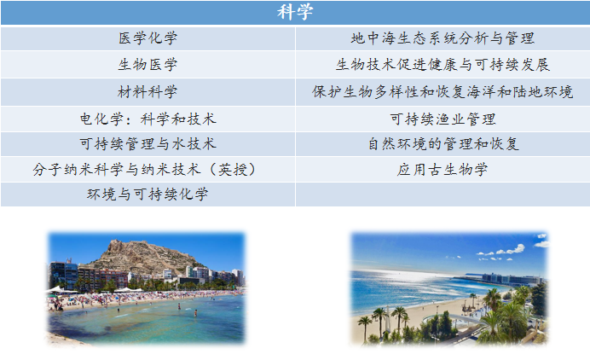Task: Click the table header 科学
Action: [295, 12]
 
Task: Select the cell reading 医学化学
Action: [147, 38]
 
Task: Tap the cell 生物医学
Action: [147, 65]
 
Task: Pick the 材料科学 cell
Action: [147, 92]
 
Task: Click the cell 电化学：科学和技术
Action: [147, 119]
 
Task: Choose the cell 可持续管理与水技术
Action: [147, 144]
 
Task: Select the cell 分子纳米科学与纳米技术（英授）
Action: [147, 170]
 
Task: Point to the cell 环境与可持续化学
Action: [147, 195]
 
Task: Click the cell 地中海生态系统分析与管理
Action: [442, 38]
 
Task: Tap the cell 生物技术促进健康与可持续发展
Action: [442, 65]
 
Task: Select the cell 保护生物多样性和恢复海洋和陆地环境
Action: [442, 92]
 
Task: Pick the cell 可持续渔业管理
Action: [442, 119]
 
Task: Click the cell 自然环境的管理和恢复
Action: [442, 144]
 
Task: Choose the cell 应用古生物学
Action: [442, 170]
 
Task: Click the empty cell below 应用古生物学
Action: [442, 195]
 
